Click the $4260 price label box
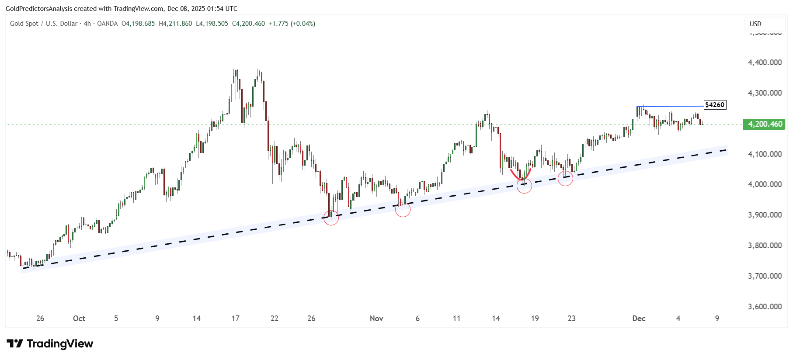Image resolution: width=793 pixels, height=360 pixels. coord(715,105)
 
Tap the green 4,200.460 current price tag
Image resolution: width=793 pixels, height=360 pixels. coord(765,124)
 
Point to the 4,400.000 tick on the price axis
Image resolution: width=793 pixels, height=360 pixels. coord(765,62)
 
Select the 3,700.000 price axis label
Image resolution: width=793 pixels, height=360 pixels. coord(765,276)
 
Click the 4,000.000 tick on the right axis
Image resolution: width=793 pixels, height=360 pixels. coord(765,184)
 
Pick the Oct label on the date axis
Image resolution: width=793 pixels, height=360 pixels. coord(79,318)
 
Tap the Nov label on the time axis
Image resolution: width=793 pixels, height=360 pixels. coord(376,318)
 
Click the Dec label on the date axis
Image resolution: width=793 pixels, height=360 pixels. coord(639,318)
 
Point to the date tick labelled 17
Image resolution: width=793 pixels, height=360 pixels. coord(236,318)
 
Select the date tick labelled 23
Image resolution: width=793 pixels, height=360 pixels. coord(571,318)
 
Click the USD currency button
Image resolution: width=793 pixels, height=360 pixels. coord(755,24)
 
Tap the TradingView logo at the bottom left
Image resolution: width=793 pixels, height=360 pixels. coord(50,344)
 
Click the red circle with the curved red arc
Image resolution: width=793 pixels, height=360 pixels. coord(524,186)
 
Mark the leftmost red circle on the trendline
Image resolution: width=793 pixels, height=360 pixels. coord(331,218)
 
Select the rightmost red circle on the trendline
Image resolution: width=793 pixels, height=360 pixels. coord(566,178)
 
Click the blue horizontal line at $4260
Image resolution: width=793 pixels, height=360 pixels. coord(669,106)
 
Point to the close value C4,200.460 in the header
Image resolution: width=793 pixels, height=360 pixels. coord(248,24)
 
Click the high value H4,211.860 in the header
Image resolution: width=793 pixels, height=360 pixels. coord(175,24)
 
